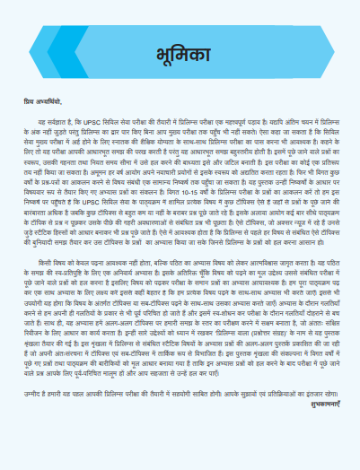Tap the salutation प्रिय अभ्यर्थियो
point(43,101)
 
